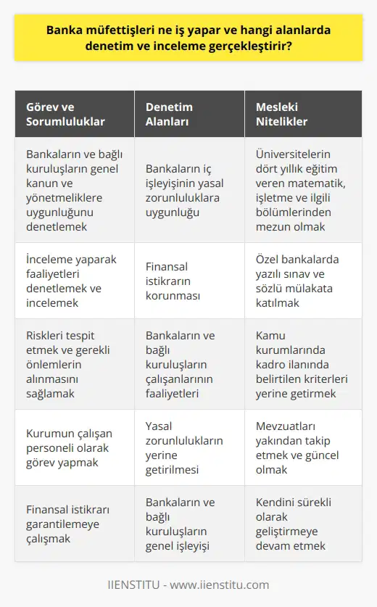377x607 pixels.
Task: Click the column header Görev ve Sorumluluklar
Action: tap(65, 115)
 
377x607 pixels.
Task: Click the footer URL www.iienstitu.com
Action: tap(223, 585)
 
